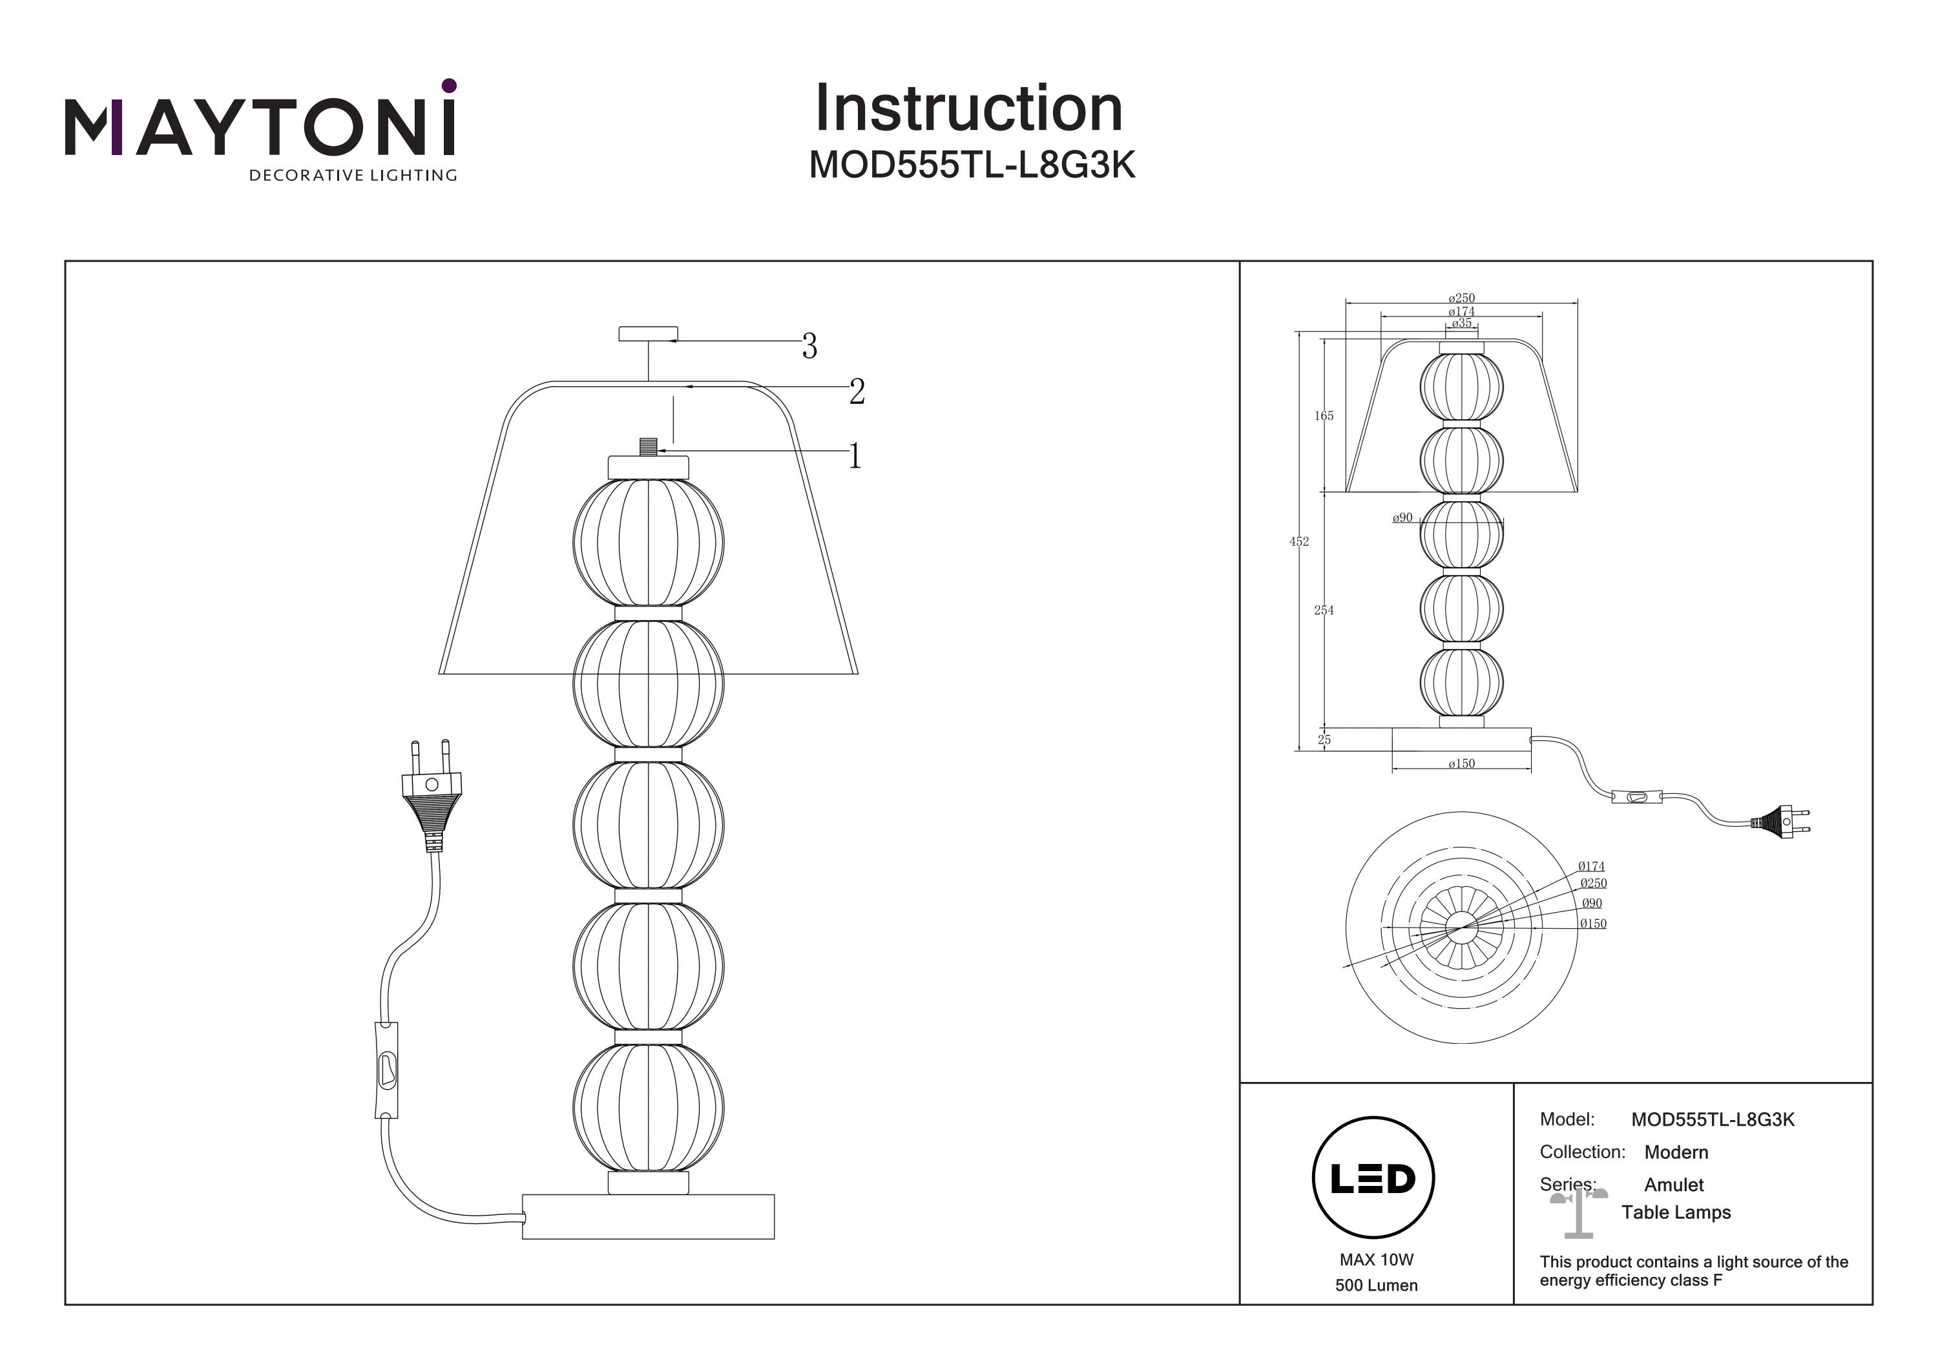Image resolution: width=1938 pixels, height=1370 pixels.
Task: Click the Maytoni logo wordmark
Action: click(x=260, y=129)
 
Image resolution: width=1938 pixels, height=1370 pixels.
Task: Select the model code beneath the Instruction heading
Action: click(x=972, y=166)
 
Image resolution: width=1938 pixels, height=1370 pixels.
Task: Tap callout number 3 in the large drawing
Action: click(x=809, y=346)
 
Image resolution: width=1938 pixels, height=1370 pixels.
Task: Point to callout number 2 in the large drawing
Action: click(x=857, y=391)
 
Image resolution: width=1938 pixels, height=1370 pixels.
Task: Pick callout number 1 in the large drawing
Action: click(x=855, y=457)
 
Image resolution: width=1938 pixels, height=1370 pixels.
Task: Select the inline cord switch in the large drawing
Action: click(x=386, y=1070)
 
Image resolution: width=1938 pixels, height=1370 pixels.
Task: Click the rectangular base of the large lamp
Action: click(x=647, y=1216)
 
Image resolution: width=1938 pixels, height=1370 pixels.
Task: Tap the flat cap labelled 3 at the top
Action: click(x=647, y=335)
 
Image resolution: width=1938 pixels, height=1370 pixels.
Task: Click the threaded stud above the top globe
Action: click(x=648, y=446)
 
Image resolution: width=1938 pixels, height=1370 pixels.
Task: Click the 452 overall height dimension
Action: click(x=1299, y=542)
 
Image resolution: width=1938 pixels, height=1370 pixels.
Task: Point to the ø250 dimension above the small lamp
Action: click(x=1461, y=298)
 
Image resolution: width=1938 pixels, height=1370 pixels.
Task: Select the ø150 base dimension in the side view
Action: click(x=1461, y=764)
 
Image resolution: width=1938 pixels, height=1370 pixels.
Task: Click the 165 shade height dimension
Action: click(x=1324, y=416)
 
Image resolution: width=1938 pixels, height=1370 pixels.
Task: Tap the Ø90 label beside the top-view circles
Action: click(x=1592, y=903)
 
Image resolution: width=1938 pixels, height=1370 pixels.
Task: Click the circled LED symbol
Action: click(x=1373, y=1178)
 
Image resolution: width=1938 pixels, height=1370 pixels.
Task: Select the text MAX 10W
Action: click(x=1376, y=1260)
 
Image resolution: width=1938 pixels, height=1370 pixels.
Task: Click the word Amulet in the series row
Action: click(x=1674, y=1185)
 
